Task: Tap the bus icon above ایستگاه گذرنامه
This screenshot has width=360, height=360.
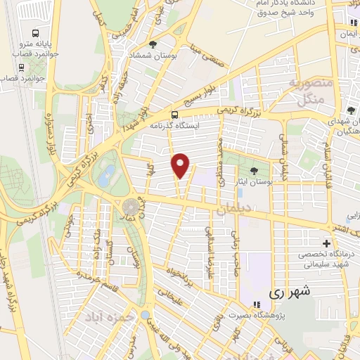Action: click(174, 115)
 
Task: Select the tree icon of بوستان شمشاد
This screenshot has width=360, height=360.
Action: click(153, 44)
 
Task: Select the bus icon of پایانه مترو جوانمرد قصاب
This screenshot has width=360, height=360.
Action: click(36, 32)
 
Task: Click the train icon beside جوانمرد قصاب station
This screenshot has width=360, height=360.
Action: click(21, 67)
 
